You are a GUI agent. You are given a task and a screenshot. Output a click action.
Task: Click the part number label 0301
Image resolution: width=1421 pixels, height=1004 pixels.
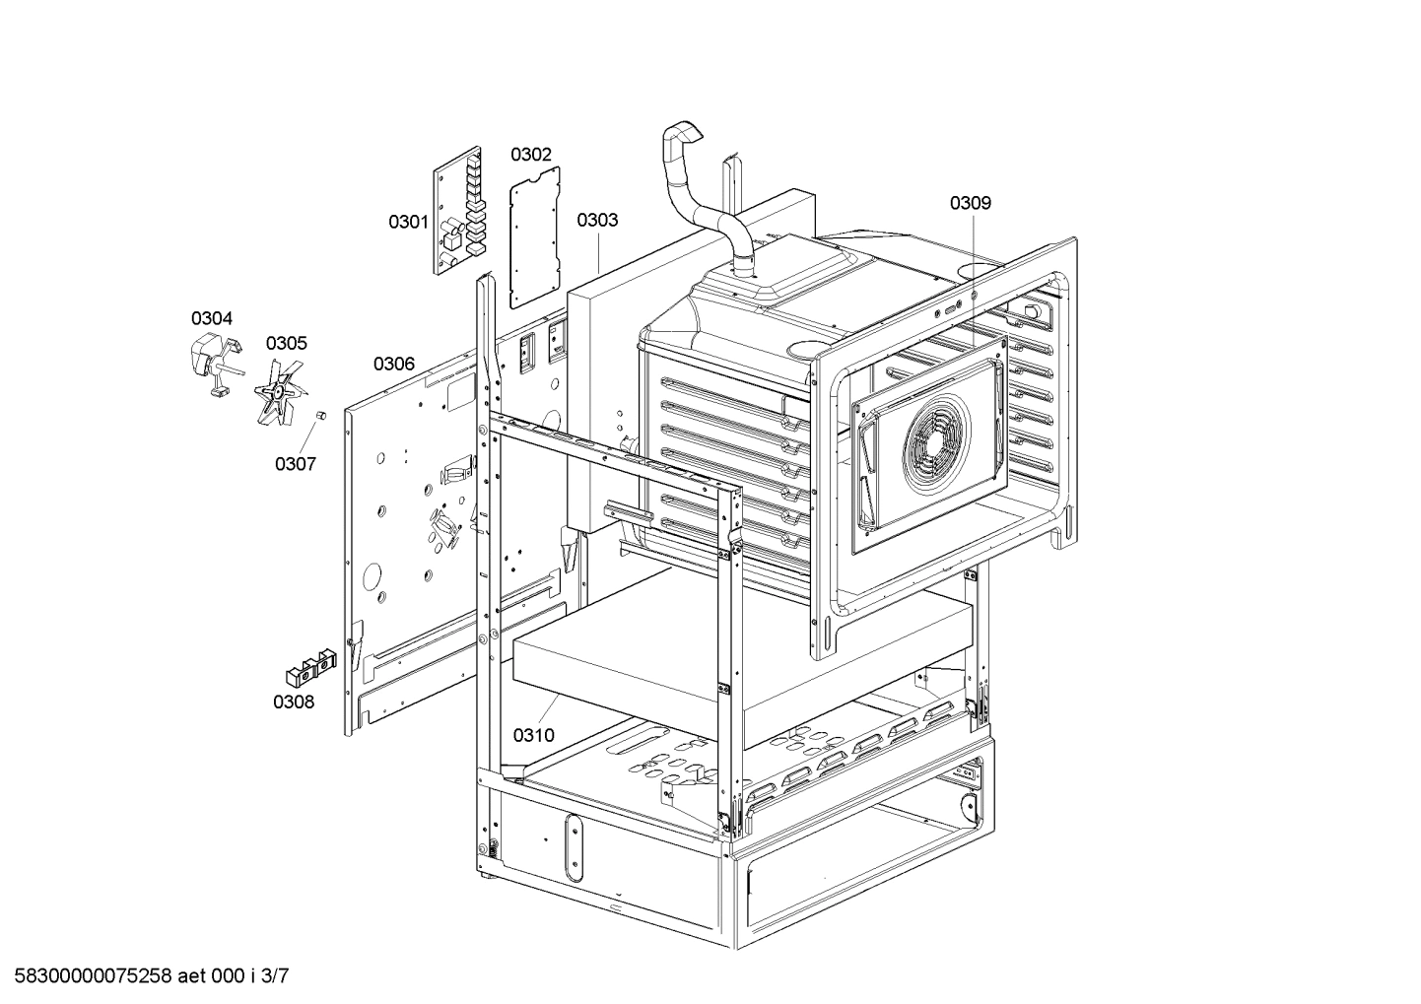click(x=407, y=222)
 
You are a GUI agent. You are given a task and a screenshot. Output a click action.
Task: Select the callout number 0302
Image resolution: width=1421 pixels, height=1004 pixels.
click(x=530, y=155)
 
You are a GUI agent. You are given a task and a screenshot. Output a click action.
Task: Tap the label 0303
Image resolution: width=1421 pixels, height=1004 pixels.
click(x=597, y=220)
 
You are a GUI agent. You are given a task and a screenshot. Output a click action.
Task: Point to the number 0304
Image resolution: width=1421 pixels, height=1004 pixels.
click(x=212, y=318)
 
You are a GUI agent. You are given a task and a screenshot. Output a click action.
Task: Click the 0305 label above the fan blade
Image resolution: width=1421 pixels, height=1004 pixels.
click(x=286, y=343)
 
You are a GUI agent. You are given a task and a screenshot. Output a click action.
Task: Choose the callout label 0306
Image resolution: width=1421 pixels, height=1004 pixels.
click(x=393, y=364)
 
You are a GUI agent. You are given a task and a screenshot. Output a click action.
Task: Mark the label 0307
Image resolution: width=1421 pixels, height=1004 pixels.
click(x=295, y=463)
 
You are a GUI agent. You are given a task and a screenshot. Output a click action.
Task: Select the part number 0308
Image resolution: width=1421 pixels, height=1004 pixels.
click(x=294, y=702)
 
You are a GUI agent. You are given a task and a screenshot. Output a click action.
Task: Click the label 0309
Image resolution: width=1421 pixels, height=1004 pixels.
click(x=971, y=203)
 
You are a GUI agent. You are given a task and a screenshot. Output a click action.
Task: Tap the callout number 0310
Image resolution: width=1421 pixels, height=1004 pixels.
click(x=533, y=735)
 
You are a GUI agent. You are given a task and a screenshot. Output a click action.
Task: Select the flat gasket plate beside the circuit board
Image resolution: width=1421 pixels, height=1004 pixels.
click(x=535, y=236)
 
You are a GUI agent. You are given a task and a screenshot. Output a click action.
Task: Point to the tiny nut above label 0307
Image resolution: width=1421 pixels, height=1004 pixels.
click(x=319, y=419)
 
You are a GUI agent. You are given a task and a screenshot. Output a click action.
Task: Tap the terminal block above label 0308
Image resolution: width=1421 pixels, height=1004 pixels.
click(x=307, y=665)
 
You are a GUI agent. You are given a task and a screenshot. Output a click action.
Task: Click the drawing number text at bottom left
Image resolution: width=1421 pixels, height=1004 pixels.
click(x=147, y=976)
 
